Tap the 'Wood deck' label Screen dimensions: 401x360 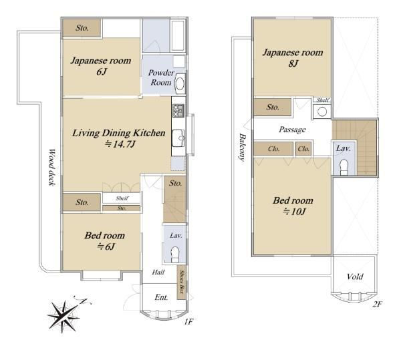click(x=51, y=168)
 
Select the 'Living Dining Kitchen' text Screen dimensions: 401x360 click(x=119, y=133)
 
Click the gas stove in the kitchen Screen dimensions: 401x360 click(x=178, y=110)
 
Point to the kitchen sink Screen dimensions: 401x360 click(x=178, y=138)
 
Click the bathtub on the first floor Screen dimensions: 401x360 click(x=178, y=36)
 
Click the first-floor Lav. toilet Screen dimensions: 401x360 click(x=175, y=254)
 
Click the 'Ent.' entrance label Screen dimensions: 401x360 click(x=161, y=297)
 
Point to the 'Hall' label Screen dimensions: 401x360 click(x=158, y=272)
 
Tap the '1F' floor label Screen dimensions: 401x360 click(x=188, y=322)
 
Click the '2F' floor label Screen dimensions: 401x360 click(x=377, y=304)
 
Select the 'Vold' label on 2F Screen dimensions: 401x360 click(x=355, y=277)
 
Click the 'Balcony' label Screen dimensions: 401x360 click(x=242, y=148)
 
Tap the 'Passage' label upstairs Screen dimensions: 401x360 click(x=292, y=130)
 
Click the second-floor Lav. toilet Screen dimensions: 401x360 click(x=344, y=167)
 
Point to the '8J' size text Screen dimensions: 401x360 click(x=293, y=63)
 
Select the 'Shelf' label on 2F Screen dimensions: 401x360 click(x=323, y=100)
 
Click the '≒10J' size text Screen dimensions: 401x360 click(x=294, y=212)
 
